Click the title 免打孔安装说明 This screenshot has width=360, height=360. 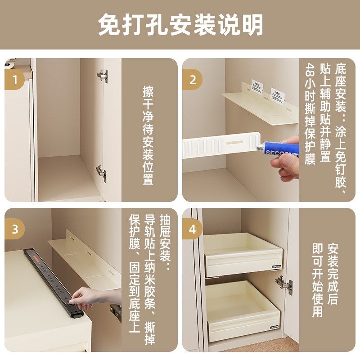tap(180, 25)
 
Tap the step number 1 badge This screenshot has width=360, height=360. tap(15, 81)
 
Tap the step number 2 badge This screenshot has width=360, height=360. tap(193, 81)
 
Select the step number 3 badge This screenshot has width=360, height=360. tap(15, 229)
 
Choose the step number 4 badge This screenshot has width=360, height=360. tap(193, 229)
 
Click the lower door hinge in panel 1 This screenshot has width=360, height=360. tap(101, 172)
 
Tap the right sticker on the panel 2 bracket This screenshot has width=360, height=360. tap(278, 94)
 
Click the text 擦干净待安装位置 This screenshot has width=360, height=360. tap(148, 135)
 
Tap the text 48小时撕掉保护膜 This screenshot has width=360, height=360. tap(310, 115)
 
